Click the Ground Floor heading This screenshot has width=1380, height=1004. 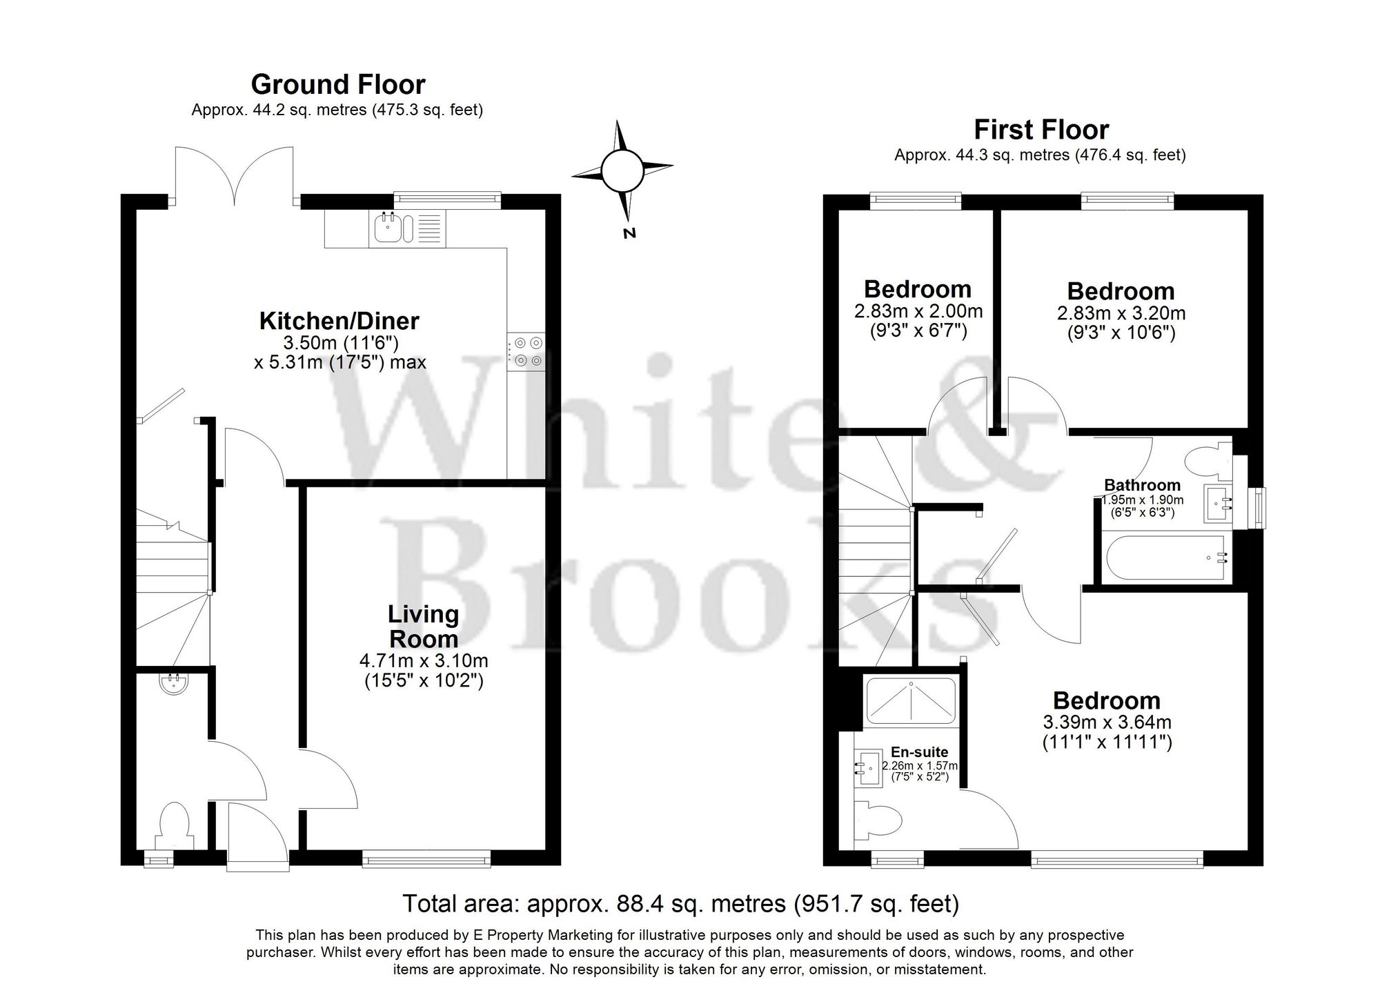click(338, 84)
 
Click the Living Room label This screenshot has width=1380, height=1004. click(423, 627)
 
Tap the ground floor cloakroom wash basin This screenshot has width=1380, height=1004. click(173, 683)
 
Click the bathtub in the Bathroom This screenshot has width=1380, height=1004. click(1165, 558)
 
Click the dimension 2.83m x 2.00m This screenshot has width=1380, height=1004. click(918, 312)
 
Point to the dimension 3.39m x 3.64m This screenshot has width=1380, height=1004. click(1107, 722)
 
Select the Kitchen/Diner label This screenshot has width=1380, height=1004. click(339, 321)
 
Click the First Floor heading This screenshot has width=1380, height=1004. click(1041, 130)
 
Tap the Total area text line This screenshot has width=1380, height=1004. click(680, 903)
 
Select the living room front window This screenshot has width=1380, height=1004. click(426, 858)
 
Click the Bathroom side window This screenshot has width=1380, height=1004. click(1260, 508)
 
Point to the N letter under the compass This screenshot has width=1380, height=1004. click(629, 233)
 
